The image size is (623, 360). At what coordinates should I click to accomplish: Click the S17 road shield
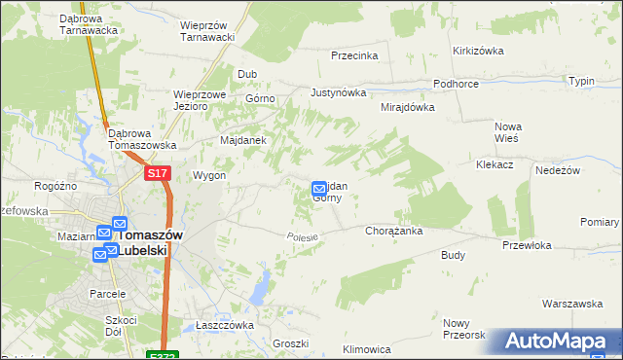point(158,173)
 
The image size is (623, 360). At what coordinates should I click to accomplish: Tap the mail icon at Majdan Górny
point(319,189)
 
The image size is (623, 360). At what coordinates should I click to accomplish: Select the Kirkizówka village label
point(476,50)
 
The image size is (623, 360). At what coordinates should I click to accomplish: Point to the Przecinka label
point(354,55)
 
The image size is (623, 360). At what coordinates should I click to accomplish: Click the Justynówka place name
point(338,93)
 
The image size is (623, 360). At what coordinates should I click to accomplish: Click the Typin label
point(581,81)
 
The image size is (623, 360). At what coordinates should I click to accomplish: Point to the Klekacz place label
point(495,166)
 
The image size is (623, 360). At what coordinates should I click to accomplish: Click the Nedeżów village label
point(558,169)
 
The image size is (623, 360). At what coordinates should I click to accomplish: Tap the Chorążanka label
point(392,232)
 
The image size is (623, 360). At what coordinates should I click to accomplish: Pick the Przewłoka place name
point(527,246)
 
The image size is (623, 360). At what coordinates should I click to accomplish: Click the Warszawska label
point(572,304)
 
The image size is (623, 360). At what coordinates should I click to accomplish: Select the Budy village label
point(453,255)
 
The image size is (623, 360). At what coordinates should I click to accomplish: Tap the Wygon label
point(209,176)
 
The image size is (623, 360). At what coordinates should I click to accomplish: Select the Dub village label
point(247,74)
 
